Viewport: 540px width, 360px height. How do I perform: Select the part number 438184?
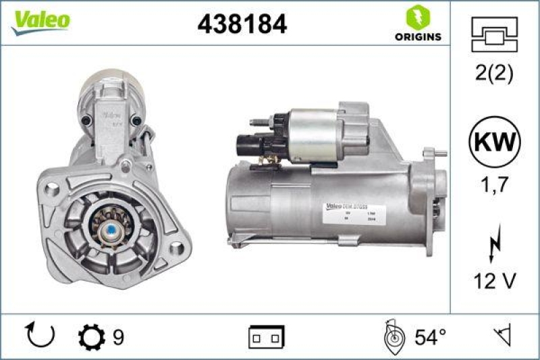coord(242,24)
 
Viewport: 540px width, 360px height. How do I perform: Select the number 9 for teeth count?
coord(118,336)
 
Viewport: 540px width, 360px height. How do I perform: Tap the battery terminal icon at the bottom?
coord(267,336)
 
